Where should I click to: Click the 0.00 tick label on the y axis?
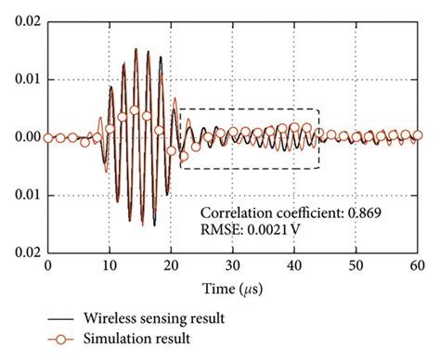[23, 137]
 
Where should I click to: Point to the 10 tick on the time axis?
[110, 264]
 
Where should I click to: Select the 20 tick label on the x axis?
[171, 264]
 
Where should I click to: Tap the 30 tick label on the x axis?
[233, 264]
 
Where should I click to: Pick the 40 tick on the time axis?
[294, 264]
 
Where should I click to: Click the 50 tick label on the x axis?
[356, 264]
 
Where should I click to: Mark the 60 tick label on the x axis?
[418, 264]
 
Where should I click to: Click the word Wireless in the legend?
[107, 319]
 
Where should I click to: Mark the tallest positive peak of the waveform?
[136, 49]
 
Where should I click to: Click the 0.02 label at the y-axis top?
[23, 20]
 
